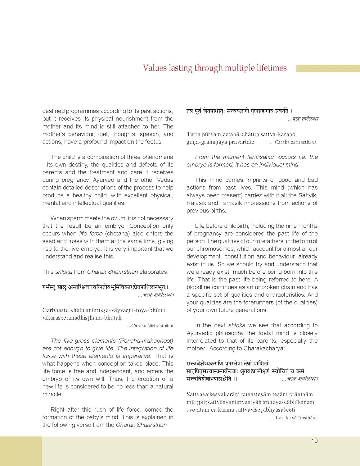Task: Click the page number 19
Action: (x=314, y=441)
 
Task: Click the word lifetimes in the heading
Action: (x=272, y=68)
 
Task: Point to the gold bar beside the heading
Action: (x=328, y=68)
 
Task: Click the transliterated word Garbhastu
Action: (x=56, y=310)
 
